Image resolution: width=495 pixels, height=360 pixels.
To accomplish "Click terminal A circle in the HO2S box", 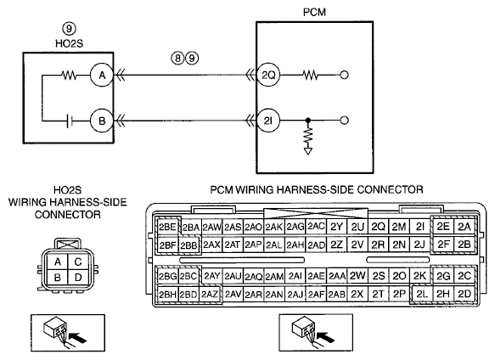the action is click(x=102, y=76).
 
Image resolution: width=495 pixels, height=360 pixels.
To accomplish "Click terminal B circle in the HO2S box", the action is click(x=102, y=121).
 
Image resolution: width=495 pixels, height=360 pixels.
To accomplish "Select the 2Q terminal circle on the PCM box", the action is click(x=268, y=76).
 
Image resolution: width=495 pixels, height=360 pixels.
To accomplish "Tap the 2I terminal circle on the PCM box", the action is click(x=268, y=121).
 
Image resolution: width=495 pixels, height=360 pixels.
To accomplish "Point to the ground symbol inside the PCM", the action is click(x=308, y=151).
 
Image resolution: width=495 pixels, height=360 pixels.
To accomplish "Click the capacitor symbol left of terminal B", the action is click(x=70, y=121).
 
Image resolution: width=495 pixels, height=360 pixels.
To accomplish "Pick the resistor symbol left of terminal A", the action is click(x=69, y=76).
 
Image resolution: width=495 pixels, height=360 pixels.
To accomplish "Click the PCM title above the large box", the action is click(x=314, y=13).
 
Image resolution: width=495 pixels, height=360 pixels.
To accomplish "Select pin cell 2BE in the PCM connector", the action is click(x=167, y=227).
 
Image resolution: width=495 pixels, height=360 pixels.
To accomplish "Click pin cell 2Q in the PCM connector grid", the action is click(x=378, y=227).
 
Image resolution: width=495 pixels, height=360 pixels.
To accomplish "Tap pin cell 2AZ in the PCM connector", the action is click(x=210, y=295).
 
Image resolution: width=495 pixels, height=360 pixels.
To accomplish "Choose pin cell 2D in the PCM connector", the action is click(x=464, y=295).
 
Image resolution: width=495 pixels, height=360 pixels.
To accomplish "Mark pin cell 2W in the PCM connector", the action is click(x=357, y=276).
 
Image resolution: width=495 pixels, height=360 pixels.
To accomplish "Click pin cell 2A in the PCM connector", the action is click(x=464, y=227).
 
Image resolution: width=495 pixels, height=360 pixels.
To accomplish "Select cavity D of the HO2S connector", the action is click(x=78, y=278).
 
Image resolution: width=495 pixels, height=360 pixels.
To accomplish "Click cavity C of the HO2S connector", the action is click(x=78, y=262).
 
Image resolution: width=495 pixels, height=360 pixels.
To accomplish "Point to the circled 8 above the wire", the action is click(x=177, y=58).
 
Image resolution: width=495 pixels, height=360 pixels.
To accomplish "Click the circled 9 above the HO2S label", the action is click(x=69, y=29).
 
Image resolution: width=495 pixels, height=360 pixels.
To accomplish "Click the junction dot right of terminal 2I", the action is click(x=308, y=121).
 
